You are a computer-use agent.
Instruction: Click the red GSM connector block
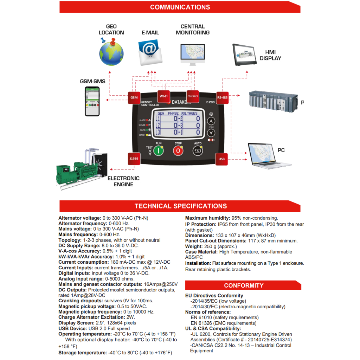click(x=134, y=97)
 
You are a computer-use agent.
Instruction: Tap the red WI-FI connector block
click(x=163, y=96)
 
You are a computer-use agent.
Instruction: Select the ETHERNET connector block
click(x=193, y=96)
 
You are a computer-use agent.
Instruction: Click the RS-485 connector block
click(x=222, y=97)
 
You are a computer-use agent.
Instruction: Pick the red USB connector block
click(x=221, y=159)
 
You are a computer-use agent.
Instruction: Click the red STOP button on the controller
click(x=178, y=150)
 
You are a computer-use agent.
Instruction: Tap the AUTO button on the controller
click(x=198, y=150)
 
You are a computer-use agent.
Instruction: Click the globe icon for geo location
click(x=111, y=53)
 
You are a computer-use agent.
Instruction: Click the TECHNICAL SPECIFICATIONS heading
click(x=180, y=206)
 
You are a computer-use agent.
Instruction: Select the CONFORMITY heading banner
click(x=243, y=285)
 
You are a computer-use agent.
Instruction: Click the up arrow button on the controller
click(x=211, y=121)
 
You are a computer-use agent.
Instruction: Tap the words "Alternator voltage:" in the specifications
click(x=79, y=218)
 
